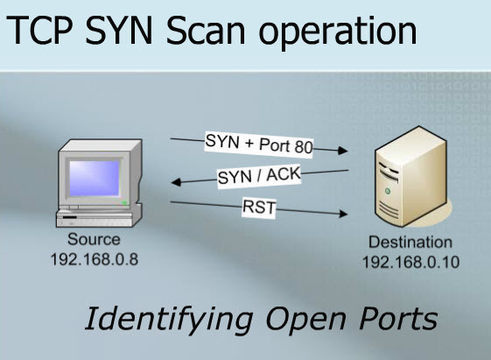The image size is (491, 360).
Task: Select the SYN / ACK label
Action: [x=259, y=176]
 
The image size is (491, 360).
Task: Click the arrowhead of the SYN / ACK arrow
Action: [x=175, y=184]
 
